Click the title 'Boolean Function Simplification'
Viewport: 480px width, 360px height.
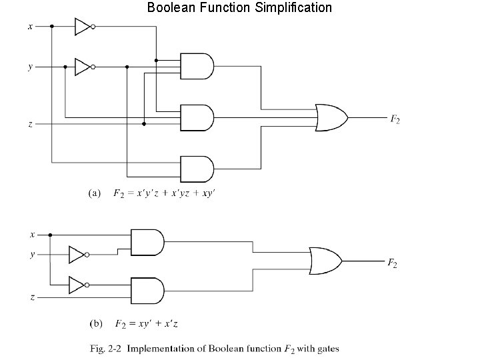coord(239,8)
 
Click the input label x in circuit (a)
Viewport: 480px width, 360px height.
coord(30,27)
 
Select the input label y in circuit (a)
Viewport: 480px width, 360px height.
coord(30,67)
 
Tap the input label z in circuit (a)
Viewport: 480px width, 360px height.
coord(30,123)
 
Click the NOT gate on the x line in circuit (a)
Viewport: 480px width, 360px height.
coord(83,27)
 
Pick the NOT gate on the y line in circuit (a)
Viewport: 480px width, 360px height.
coord(83,67)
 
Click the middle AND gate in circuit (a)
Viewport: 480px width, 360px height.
coord(197,117)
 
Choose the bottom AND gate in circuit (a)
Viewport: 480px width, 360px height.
coord(197,169)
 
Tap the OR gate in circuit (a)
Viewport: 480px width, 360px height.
coord(331,117)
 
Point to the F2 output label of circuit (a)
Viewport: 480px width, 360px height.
coord(395,119)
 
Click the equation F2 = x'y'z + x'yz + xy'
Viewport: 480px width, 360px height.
coord(164,193)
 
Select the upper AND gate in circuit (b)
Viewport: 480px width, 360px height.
coord(147,242)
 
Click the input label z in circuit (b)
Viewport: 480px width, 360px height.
coord(31,296)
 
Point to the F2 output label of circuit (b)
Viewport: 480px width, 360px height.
coord(393,263)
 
